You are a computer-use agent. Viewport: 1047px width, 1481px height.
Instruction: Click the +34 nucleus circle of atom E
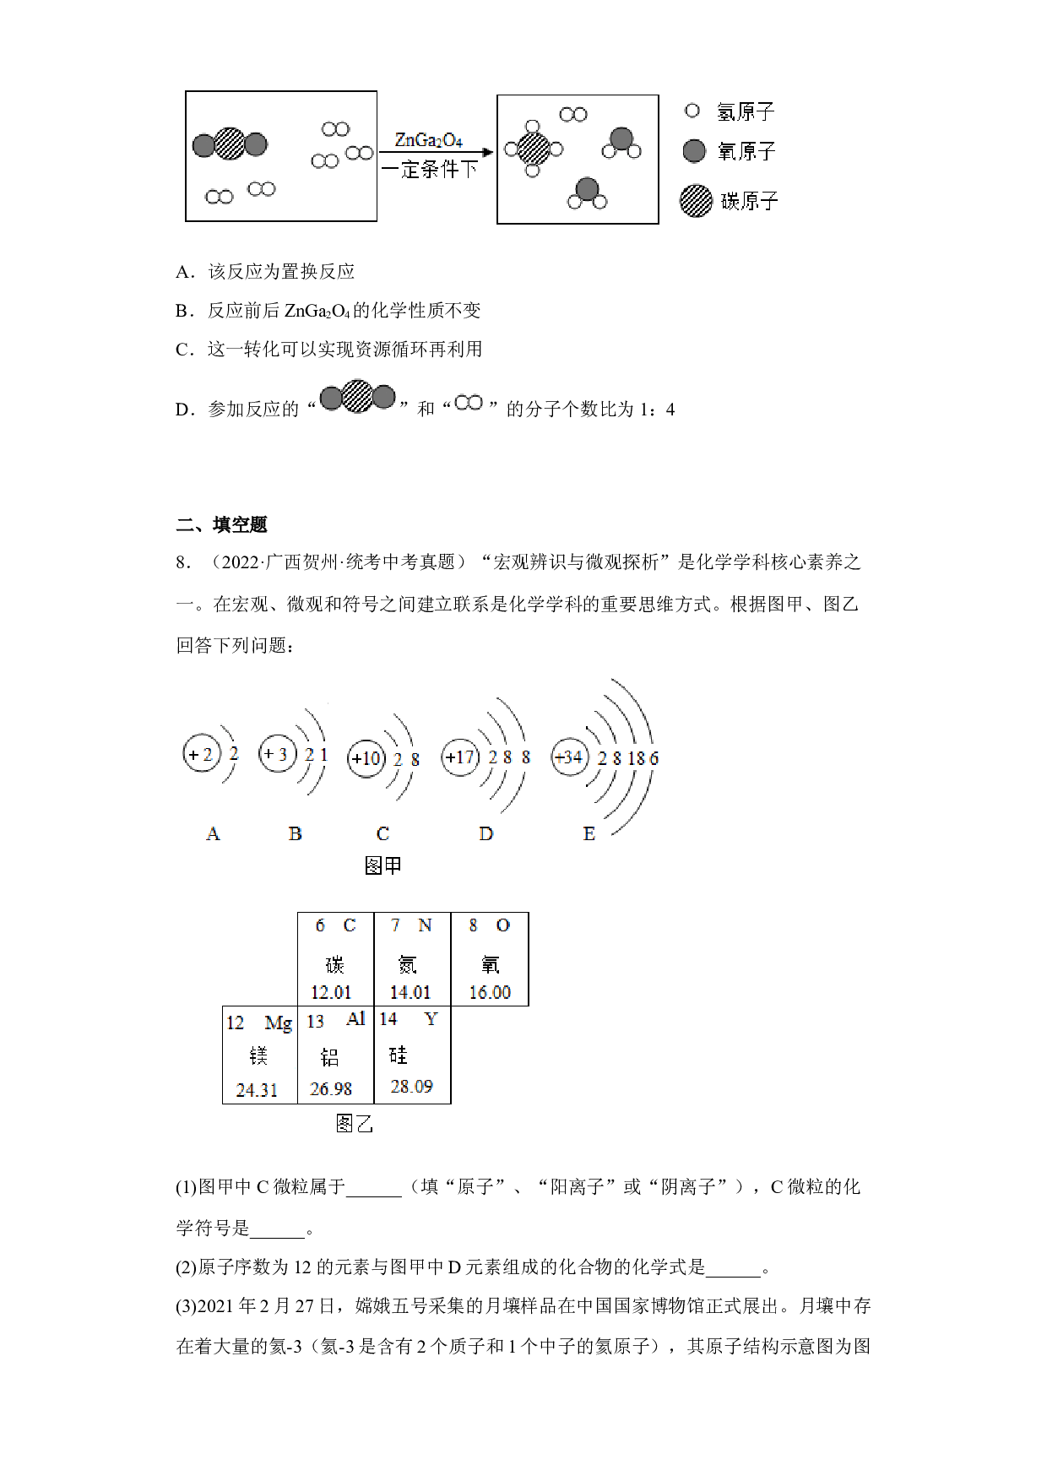pos(570,757)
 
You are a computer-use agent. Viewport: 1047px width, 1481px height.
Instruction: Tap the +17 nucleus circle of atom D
pos(460,757)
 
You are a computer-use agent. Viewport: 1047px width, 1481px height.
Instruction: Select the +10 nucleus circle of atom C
pos(366,758)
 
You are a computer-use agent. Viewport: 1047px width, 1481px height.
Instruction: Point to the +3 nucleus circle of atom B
pos(278,753)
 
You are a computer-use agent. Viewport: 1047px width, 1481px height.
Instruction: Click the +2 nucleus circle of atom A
pos(202,754)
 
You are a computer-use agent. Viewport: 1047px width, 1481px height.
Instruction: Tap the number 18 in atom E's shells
pos(636,758)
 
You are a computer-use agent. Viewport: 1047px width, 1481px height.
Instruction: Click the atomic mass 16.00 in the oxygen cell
pos(490,992)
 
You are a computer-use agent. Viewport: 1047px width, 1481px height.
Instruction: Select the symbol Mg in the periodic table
pos(278,1023)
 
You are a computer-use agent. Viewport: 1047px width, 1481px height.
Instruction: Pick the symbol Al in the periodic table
pos(355,1019)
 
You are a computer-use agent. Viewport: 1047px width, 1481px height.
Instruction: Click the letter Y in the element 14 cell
pos(431,1019)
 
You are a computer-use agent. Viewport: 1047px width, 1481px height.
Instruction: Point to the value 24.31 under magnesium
pos(257,1090)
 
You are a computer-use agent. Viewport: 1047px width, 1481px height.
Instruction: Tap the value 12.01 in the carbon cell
pos(331,992)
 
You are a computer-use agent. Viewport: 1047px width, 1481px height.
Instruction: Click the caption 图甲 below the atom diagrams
pos(382,865)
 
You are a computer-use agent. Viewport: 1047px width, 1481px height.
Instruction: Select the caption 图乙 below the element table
pos(354,1124)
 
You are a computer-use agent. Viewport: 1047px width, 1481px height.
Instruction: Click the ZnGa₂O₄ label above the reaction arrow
pos(429,140)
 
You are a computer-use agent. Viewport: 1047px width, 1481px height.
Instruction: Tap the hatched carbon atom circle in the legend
pos(696,201)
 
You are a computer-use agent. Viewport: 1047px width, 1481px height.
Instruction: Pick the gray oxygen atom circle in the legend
pos(694,151)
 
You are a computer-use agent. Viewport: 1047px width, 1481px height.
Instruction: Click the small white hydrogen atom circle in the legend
pos(692,111)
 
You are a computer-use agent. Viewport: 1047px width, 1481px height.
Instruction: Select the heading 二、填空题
pos(221,524)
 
